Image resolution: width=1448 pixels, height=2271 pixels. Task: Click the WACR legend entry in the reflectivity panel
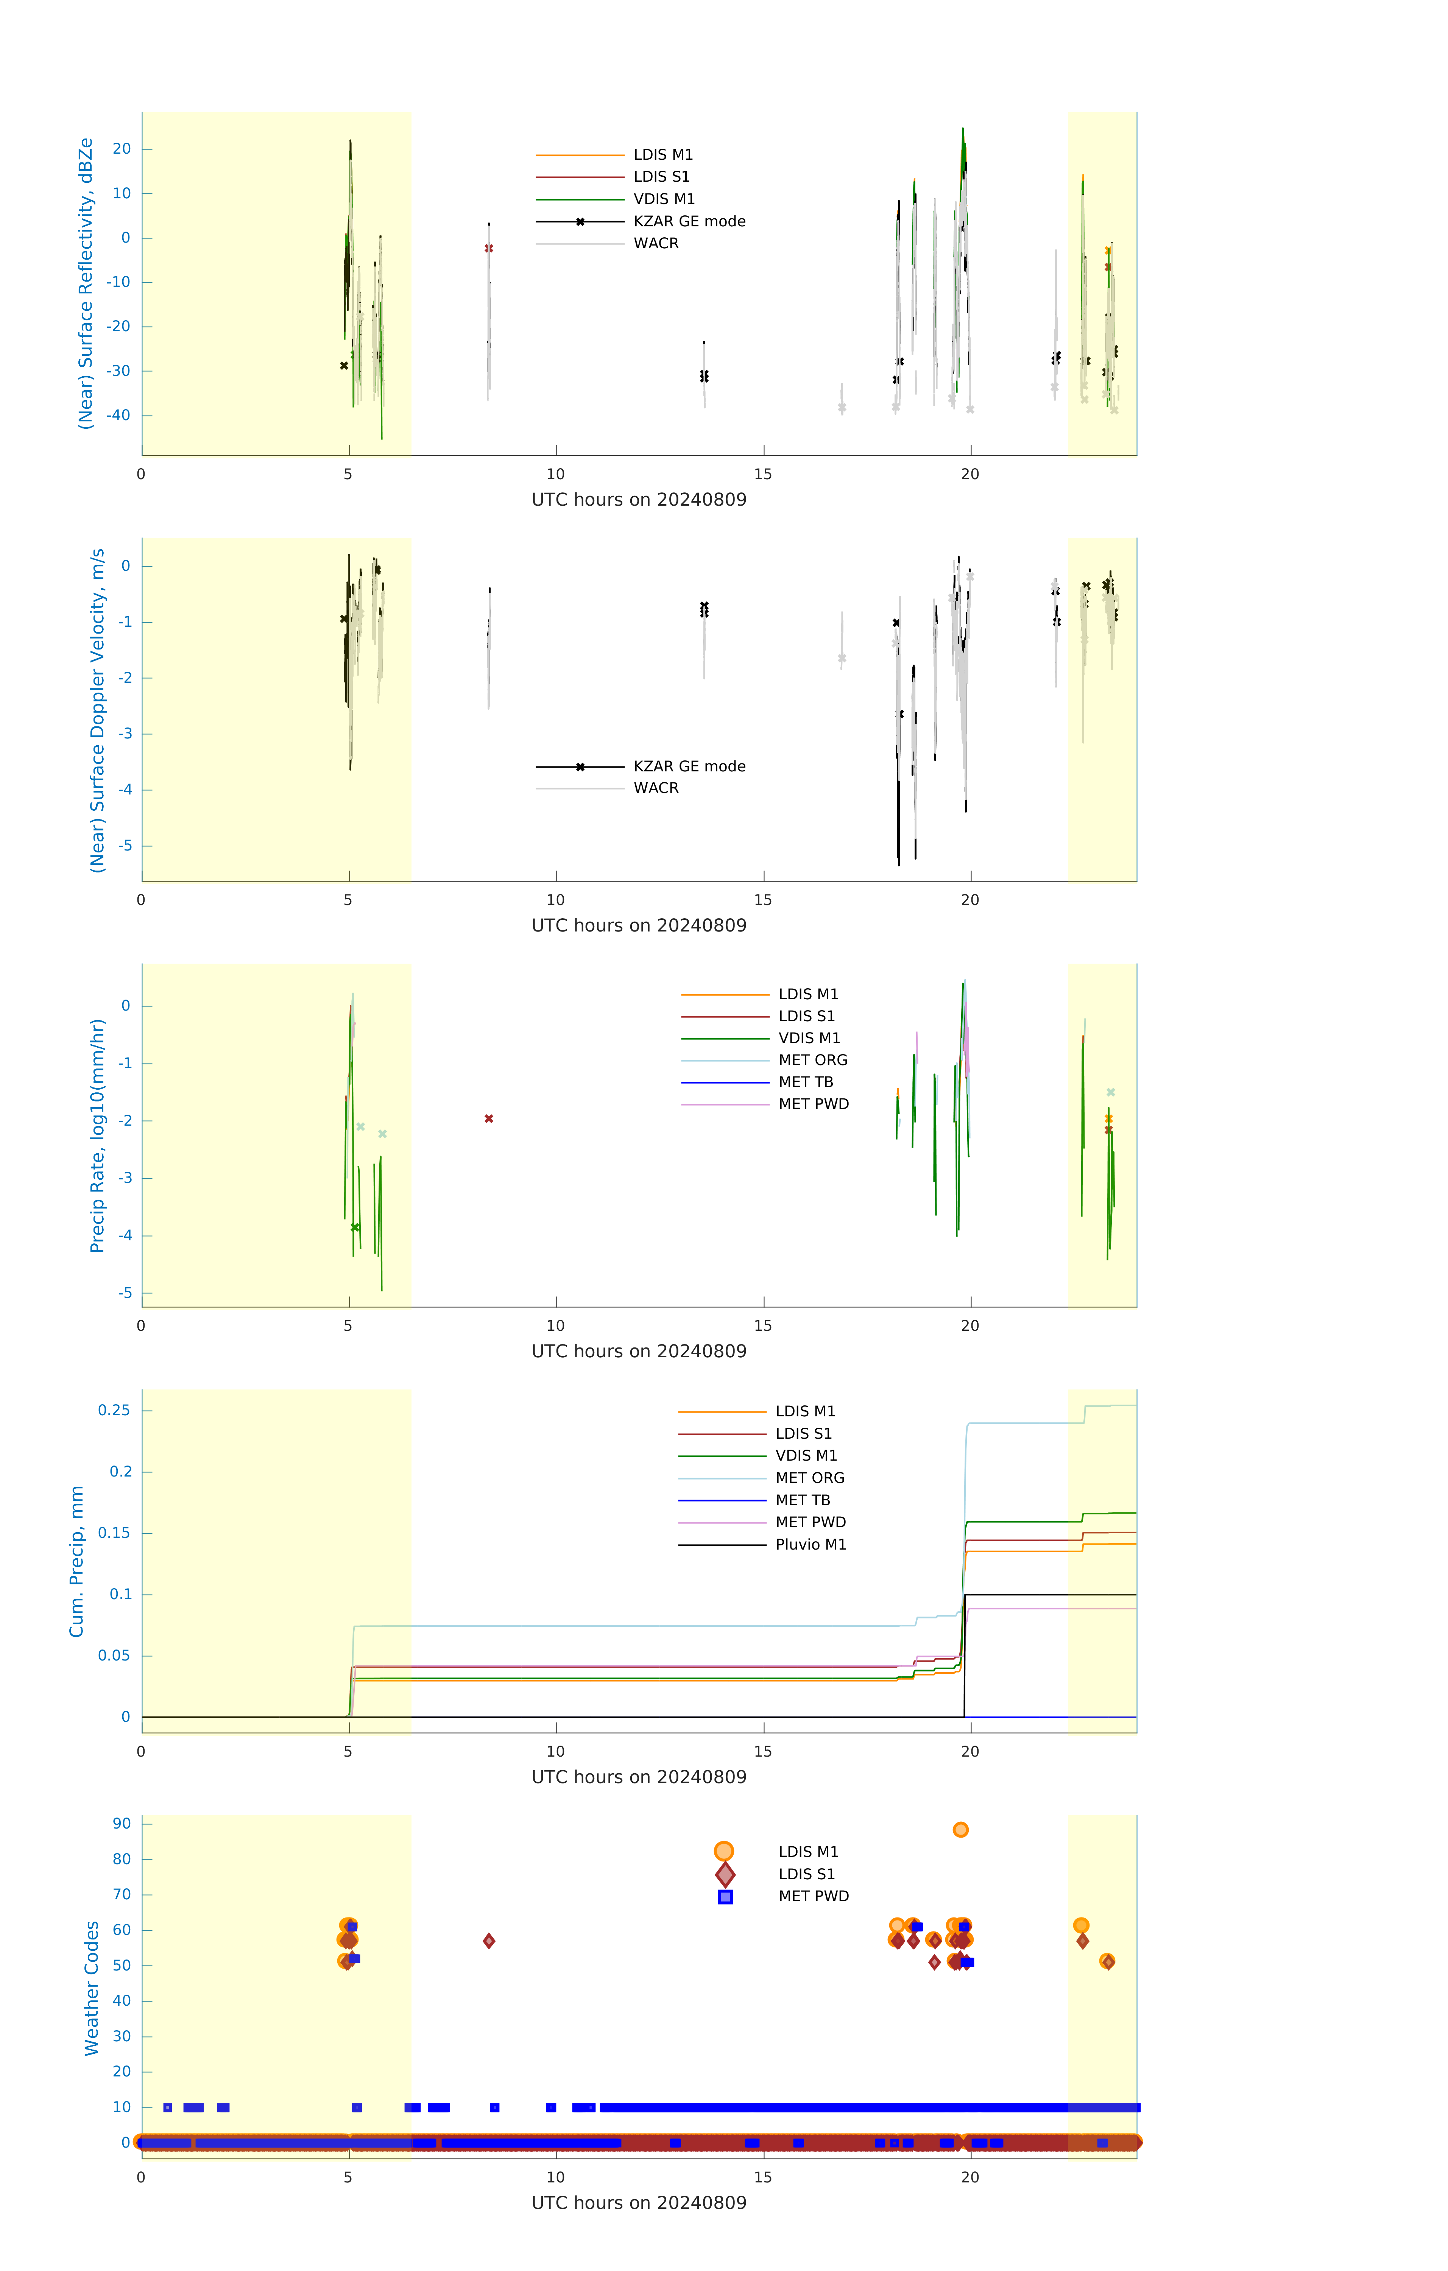pyautogui.click(x=656, y=243)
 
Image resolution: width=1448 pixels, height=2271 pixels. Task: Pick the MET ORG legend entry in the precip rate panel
pyautogui.click(x=812, y=1060)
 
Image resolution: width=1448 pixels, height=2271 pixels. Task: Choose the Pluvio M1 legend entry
pyautogui.click(x=811, y=1545)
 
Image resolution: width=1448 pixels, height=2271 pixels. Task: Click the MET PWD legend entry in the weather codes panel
pyautogui.click(x=813, y=1897)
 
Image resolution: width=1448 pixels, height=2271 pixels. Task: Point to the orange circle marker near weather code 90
pyautogui.click(x=960, y=1830)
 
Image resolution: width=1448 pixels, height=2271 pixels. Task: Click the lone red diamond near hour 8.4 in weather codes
pyautogui.click(x=489, y=1941)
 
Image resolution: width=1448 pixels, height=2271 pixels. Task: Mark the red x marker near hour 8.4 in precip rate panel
pyautogui.click(x=489, y=1118)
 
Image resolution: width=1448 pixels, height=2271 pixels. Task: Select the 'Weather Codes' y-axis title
pyautogui.click(x=92, y=1988)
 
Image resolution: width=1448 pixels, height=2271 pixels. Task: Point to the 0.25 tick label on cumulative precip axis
pyautogui.click(x=114, y=1410)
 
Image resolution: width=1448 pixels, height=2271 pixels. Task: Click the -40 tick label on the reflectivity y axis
pyautogui.click(x=118, y=415)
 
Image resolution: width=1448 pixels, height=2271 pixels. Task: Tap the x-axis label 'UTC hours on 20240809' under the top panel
pyautogui.click(x=639, y=500)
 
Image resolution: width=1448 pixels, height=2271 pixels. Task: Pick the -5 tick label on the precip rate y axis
pyautogui.click(x=125, y=1293)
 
